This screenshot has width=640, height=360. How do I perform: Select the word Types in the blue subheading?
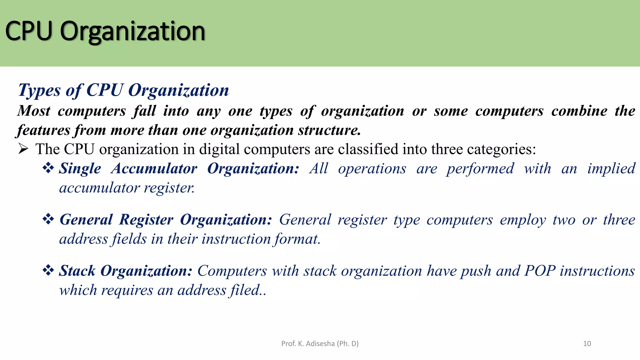pyautogui.click(x=39, y=91)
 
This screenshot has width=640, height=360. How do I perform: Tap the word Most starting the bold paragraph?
pyautogui.click(x=34, y=111)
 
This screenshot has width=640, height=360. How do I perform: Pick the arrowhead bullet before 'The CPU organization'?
pyautogui.click(x=23, y=149)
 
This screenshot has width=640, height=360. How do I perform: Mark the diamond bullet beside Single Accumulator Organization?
pyautogui.click(x=48, y=168)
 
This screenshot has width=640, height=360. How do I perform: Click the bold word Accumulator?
pyautogui.click(x=154, y=169)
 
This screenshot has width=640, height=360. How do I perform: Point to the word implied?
pyautogui.click(x=611, y=169)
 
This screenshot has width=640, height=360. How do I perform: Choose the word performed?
pyautogui.click(x=480, y=169)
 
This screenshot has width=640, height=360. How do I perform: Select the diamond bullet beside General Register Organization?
pyautogui.click(x=48, y=219)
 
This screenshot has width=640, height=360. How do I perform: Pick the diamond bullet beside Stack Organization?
pyautogui.click(x=48, y=270)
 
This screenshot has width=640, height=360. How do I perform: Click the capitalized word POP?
pyautogui.click(x=540, y=271)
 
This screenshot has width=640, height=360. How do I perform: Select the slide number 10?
pyautogui.click(x=587, y=344)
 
